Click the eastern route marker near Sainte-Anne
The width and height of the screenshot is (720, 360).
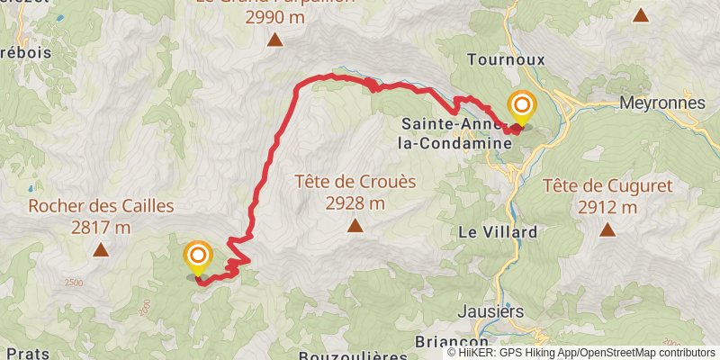click(520, 107)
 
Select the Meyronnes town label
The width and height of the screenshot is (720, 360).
click(662, 103)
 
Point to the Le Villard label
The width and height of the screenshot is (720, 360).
click(498, 231)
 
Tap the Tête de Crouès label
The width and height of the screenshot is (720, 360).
click(355, 181)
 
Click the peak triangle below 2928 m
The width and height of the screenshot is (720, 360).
click(355, 226)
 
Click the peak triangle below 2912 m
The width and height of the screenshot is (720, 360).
click(607, 230)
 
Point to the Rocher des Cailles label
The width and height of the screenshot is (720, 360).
click(101, 206)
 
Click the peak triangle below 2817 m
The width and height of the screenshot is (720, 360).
click(101, 250)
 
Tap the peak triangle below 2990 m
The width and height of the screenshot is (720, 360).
click(274, 40)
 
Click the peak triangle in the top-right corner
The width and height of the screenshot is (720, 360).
click(640, 14)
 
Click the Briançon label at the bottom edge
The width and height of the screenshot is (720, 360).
click(452, 343)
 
